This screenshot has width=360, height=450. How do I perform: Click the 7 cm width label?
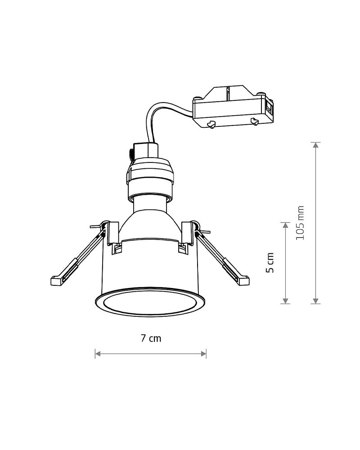[151, 338]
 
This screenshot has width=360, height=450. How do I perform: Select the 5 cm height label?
[270, 263]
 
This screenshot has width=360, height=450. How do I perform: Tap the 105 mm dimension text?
[300, 223]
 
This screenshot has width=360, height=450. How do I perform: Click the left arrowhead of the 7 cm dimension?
[98, 354]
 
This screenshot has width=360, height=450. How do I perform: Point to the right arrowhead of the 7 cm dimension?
[203, 354]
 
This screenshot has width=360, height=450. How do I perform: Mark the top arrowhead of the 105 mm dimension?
[316, 145]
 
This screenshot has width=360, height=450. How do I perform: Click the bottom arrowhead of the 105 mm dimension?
[316, 301]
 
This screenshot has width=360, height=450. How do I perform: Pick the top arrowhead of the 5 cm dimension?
[285, 225]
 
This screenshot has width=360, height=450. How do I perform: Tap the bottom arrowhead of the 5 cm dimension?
[285, 301]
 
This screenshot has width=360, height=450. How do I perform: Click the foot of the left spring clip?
[56, 280]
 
